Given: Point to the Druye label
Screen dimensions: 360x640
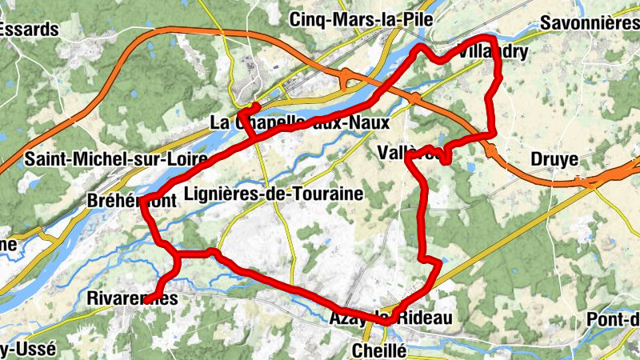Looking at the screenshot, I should point(554,159).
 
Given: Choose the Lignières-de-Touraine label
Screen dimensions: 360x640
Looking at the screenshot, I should point(274,193).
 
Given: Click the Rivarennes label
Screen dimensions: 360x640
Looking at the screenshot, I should point(131,298).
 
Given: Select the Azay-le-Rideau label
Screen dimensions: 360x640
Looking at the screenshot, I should point(390,318).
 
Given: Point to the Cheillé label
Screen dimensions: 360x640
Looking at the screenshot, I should point(380,350).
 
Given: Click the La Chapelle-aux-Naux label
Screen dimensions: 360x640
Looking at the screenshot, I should point(299,123).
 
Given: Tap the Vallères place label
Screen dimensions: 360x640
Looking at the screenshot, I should point(409,152).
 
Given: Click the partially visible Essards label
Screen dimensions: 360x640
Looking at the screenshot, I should point(29,30).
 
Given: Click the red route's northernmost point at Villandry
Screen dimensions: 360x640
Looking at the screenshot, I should point(483,38).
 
